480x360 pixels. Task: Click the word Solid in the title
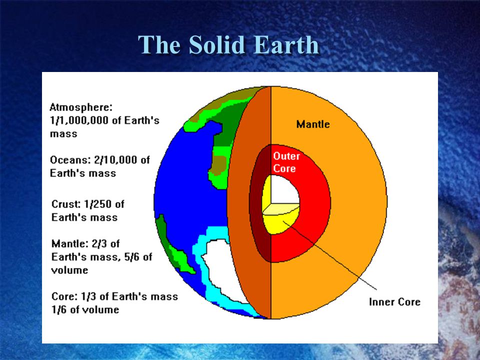pos(216,44)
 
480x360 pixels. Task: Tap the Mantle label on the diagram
pos(313,124)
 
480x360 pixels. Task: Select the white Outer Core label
pos(286,162)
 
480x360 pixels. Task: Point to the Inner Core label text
pos(394,302)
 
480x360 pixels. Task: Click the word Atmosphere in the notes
pos(81,107)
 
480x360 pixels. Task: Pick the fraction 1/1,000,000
pos(79,120)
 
